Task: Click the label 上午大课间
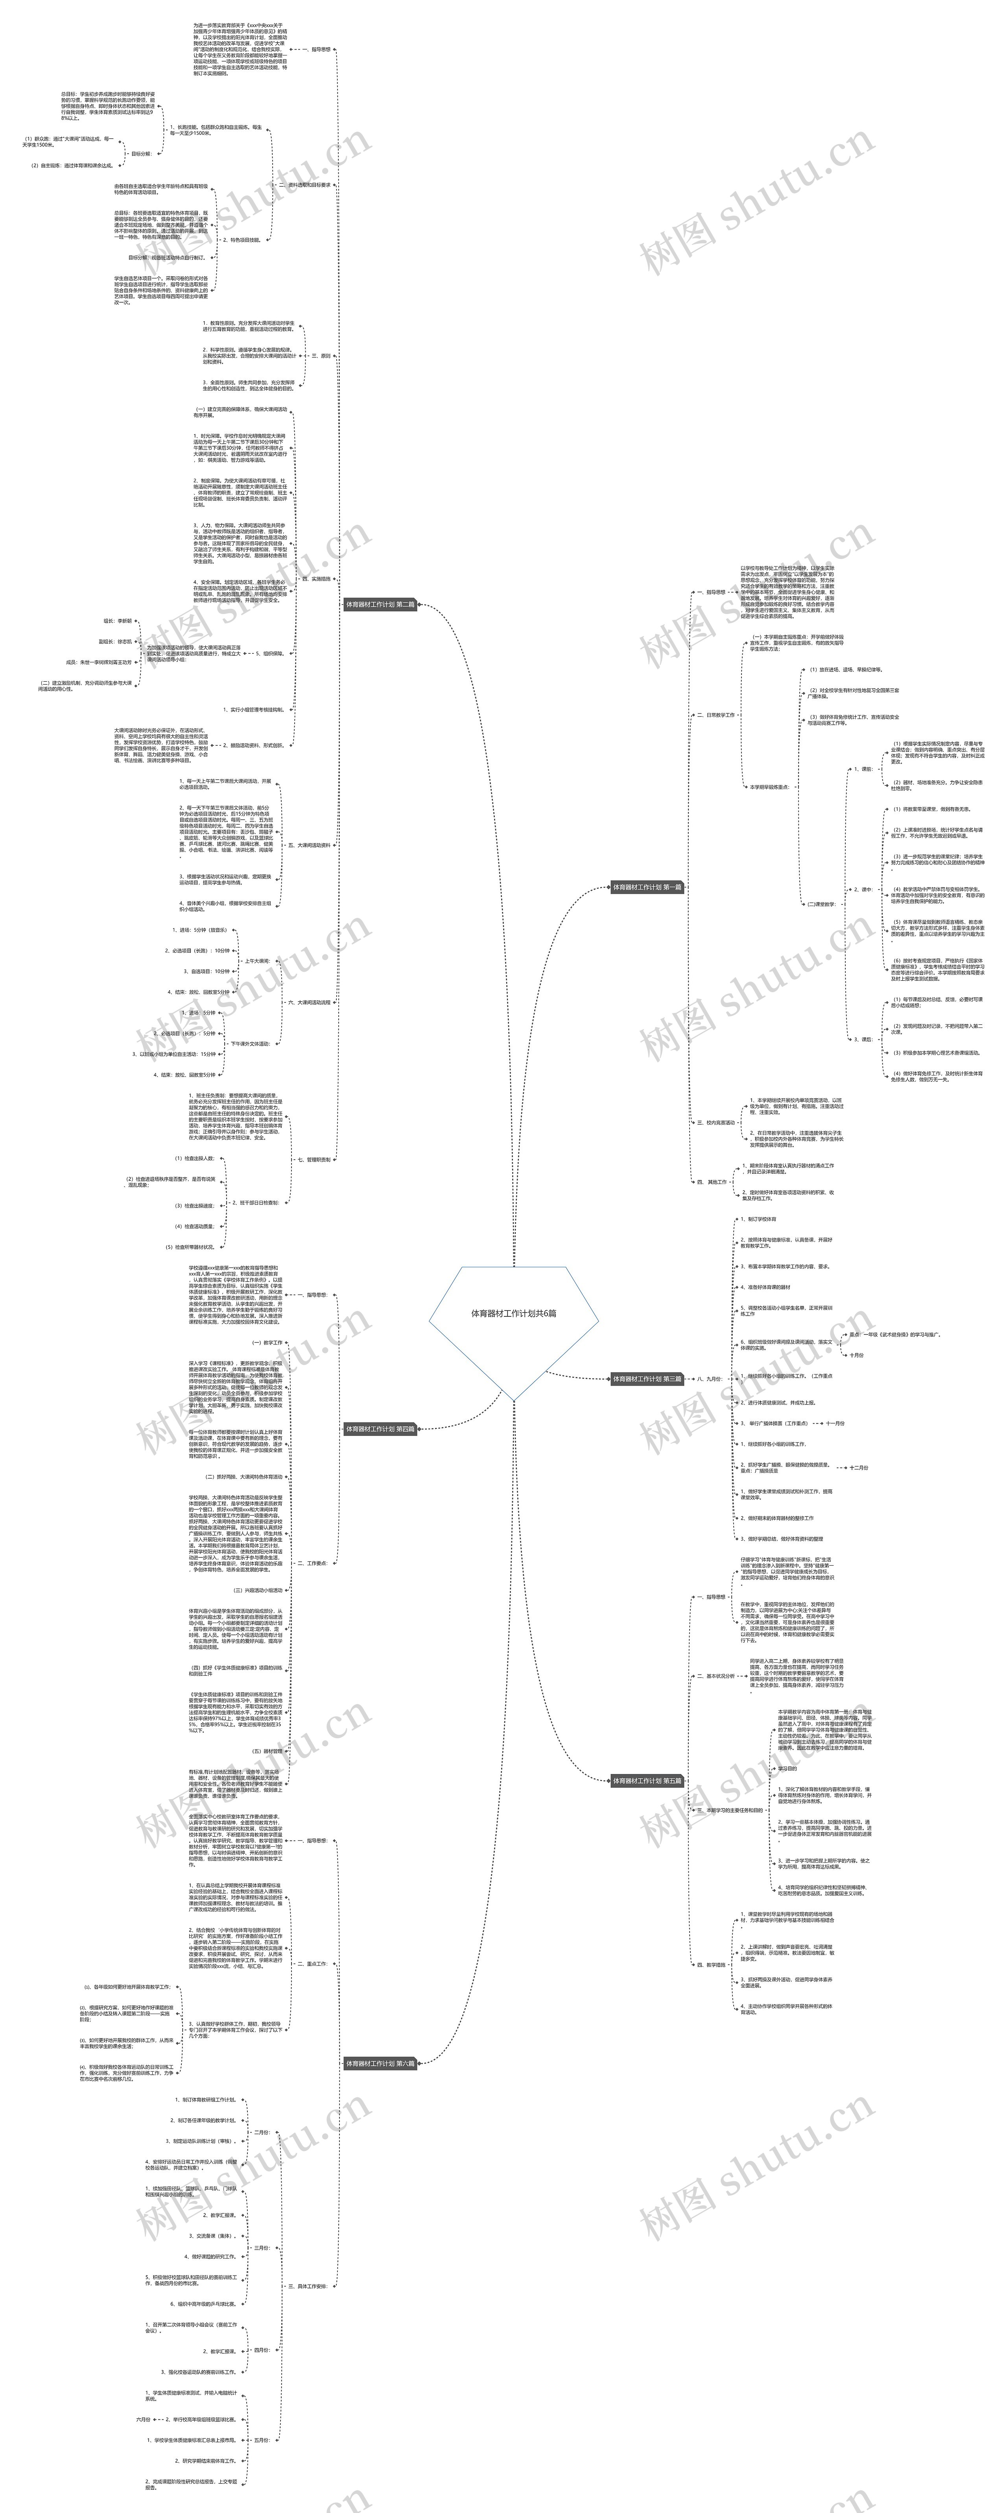pos(256,961)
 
